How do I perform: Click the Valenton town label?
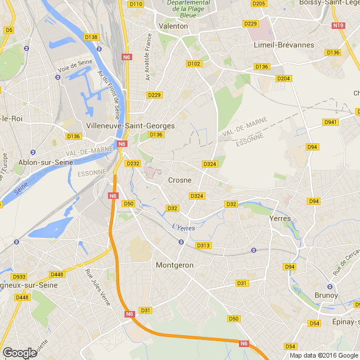tap(174, 26)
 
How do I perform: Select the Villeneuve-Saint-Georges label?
tap(130, 125)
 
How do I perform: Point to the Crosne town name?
tap(179, 180)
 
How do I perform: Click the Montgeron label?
tap(174, 265)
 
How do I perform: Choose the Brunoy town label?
tap(326, 295)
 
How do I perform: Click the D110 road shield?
tap(136, 4)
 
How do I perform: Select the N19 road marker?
tap(338, 25)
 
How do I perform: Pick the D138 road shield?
tap(91, 37)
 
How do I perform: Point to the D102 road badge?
tap(194, 63)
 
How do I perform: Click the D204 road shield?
tap(284, 78)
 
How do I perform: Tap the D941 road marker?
tap(330, 122)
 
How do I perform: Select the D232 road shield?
tap(133, 163)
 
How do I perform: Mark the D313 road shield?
tap(203, 245)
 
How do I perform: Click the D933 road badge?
tap(19, 276)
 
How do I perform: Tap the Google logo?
tap(19, 352)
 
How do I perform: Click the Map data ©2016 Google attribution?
tap(323, 355)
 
